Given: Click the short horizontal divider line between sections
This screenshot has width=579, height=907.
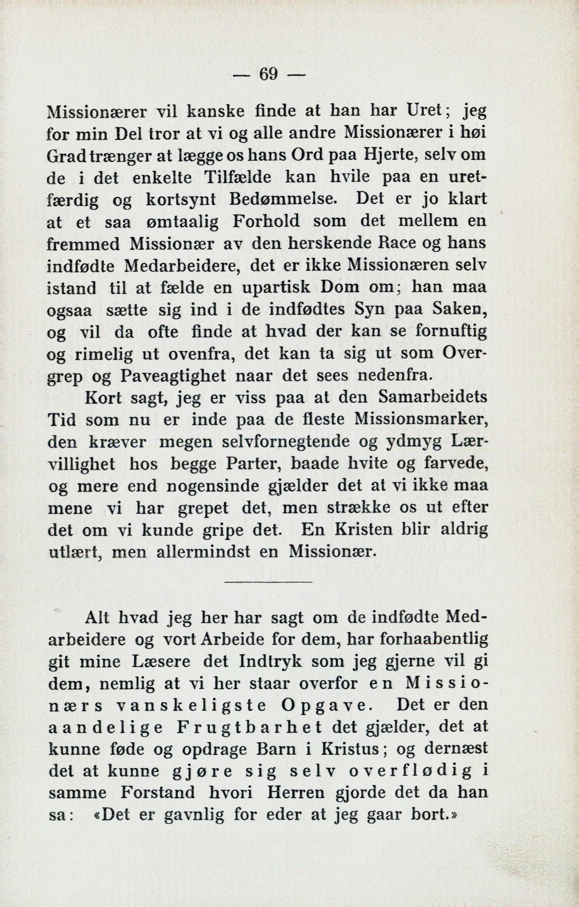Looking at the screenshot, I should pos(268,583).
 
